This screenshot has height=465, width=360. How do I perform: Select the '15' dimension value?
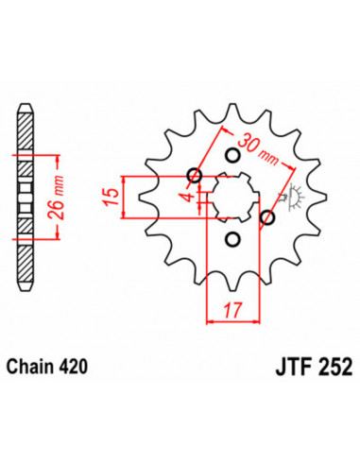pos(111,197)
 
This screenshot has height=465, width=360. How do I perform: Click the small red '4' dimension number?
pos(187,198)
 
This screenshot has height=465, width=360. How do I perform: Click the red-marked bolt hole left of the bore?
pos(195,175)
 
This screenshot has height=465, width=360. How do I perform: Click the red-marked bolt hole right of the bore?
pos(267,218)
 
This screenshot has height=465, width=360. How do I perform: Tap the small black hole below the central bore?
pos(231,240)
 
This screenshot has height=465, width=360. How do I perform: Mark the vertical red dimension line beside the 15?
pos(125,197)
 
